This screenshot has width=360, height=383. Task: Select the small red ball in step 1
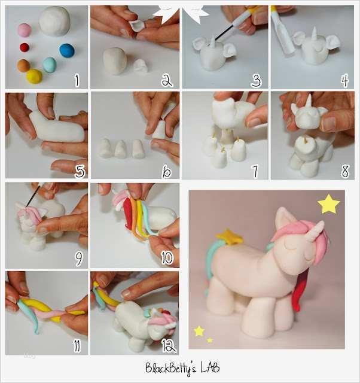point(25,47)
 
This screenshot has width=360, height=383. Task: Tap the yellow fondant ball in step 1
point(33,76)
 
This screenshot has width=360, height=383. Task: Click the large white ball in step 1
point(54,21)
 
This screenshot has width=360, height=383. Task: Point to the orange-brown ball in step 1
point(23,65)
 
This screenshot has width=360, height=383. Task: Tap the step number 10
point(166,257)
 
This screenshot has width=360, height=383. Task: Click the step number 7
point(255,171)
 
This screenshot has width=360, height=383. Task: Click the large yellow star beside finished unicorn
point(328,204)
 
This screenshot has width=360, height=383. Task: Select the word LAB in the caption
point(206,367)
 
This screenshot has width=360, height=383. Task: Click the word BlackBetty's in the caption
point(169,367)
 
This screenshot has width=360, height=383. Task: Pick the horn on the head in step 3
point(214,41)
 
